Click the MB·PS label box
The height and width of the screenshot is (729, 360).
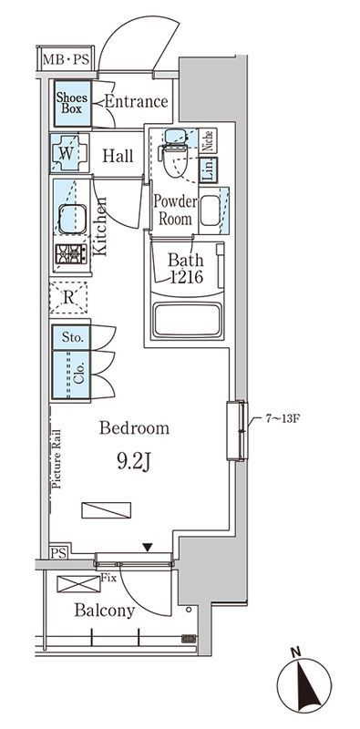coord(66,58)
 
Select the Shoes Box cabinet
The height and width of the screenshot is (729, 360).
coord(73,104)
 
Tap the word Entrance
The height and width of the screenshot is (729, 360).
coord(137,101)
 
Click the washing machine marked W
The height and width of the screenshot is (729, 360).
coord(69,153)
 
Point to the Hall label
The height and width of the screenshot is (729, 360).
coord(118,156)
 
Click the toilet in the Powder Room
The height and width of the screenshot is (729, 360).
coord(175,153)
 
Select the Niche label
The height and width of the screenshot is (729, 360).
coord(209,140)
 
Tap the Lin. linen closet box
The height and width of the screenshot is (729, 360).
coord(209,169)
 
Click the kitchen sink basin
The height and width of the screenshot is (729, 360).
coord(72,219)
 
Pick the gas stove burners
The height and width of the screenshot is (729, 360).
coord(71,254)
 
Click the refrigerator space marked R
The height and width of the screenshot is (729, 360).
coord(68,298)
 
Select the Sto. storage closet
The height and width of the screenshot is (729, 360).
coord(71,337)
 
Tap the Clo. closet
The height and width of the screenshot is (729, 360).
coord(71,375)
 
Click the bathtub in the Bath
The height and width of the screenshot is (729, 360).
coord(188,319)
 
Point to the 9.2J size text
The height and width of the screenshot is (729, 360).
coord(133,462)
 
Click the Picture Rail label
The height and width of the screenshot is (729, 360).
coord(57,459)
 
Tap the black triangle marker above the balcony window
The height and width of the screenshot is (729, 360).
coord(148,548)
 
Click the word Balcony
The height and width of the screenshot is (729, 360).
coord(105,611)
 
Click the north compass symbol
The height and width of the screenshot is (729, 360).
coord(304,684)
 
